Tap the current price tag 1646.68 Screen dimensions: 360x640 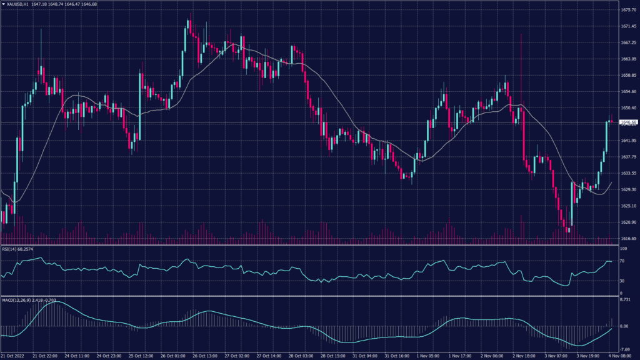pos(627,122)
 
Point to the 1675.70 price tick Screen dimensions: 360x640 pos(627,10)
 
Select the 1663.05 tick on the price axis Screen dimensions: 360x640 pos(627,59)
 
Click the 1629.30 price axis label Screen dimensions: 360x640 pos(627,189)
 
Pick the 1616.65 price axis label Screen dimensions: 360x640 pos(627,238)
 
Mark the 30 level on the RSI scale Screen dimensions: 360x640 pos(622,281)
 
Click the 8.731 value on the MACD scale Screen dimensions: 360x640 pos(625,301)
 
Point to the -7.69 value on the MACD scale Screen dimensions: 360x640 pos(625,349)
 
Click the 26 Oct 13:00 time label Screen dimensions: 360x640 pos(204,356)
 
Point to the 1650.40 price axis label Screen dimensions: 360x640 pos(627,107)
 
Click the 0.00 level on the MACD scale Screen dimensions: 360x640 pos(624,326)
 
